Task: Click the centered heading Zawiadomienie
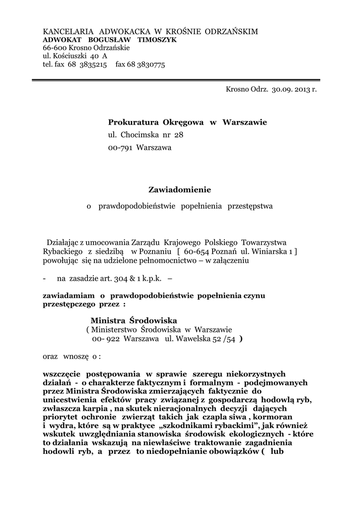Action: click(180, 190)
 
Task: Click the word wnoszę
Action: click(75, 356)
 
